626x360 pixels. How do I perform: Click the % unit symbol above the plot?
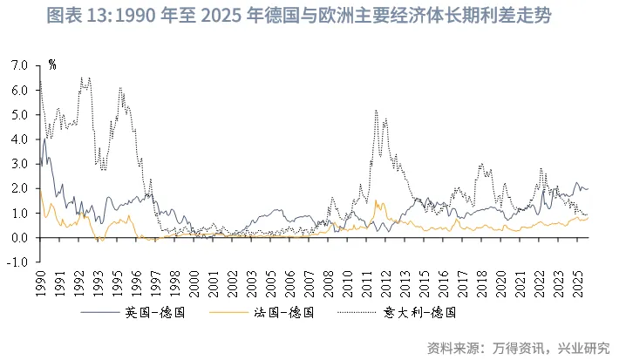(53, 65)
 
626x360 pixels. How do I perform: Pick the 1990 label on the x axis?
(40, 284)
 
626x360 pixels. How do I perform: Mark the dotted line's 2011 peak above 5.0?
(375, 112)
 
